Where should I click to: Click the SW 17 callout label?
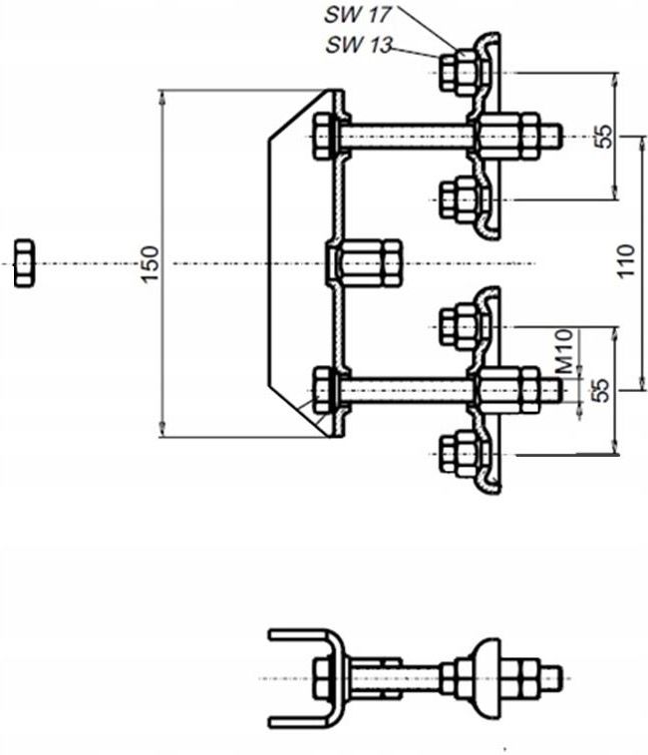[358, 14]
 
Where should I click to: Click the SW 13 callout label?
[359, 45]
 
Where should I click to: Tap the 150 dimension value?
[151, 264]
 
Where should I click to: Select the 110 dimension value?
[626, 260]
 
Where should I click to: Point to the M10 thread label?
[564, 351]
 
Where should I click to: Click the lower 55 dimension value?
[600, 391]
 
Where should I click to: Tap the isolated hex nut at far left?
[24, 263]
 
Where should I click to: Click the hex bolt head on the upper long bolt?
[323, 137]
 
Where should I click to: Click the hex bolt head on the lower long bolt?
[323, 390]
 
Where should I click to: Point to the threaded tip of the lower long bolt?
[550, 390]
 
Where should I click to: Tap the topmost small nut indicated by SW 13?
[459, 73]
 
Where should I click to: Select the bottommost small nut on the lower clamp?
[459, 454]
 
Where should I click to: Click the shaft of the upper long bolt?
[407, 137]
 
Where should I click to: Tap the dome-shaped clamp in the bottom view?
[487, 678]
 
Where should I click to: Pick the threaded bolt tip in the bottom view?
[552, 678]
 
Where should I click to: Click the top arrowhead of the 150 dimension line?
[162, 97]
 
